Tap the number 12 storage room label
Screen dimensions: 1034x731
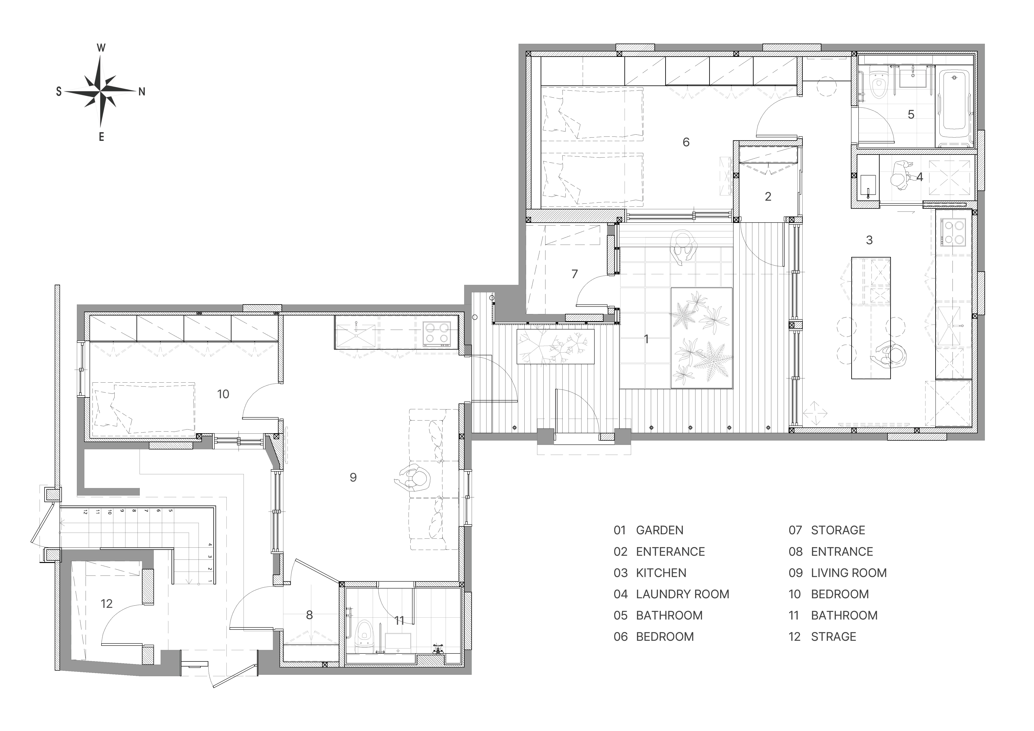tap(107, 603)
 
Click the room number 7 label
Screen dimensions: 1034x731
tap(574, 274)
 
